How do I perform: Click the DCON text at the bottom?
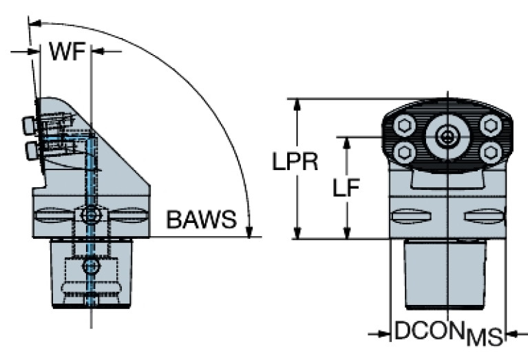click(429, 332)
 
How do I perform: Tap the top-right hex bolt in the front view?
click(490, 125)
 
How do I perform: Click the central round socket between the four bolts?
click(448, 137)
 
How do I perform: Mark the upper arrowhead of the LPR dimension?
click(297, 105)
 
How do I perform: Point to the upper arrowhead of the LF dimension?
click(348, 142)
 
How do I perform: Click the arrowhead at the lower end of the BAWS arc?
click(251, 229)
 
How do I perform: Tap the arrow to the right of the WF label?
click(98, 50)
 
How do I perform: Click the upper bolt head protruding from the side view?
click(29, 125)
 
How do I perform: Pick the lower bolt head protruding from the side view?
click(29, 149)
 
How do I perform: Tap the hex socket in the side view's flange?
click(90, 216)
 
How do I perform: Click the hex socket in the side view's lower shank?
click(90, 266)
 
